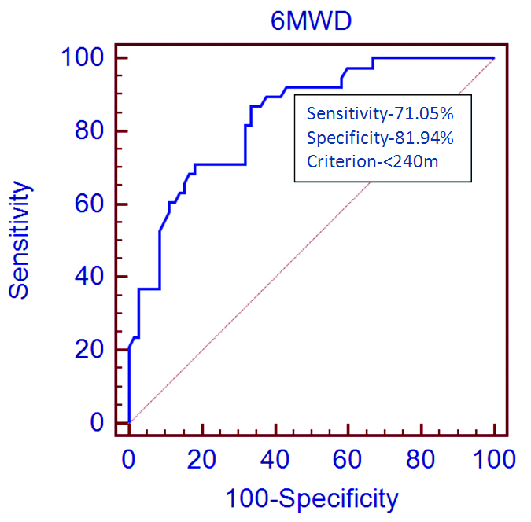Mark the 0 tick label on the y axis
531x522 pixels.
coord(97,423)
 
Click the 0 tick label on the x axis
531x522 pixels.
coord(129,458)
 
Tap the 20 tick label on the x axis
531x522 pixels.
coord(202,458)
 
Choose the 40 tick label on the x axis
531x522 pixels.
coord(275,458)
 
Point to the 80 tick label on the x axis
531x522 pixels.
coord(422,458)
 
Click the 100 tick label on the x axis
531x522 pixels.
coord(494,458)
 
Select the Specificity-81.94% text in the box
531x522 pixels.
coord(381,138)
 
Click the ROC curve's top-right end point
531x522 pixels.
coord(494,58)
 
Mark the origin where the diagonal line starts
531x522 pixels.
coord(129,423)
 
